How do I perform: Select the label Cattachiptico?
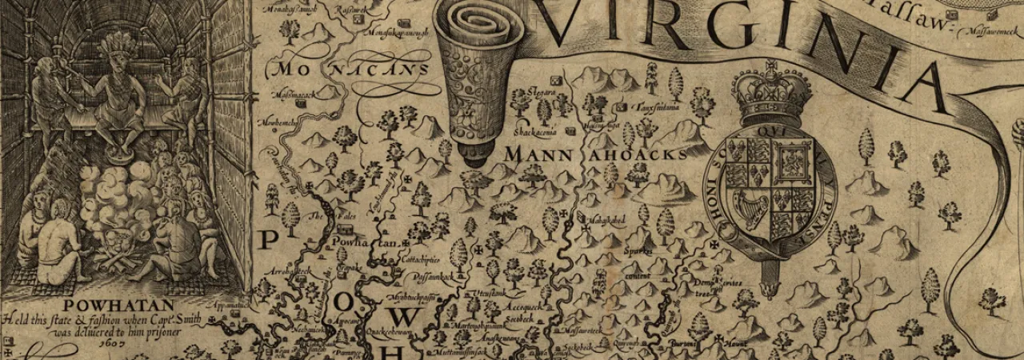click(421, 260)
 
